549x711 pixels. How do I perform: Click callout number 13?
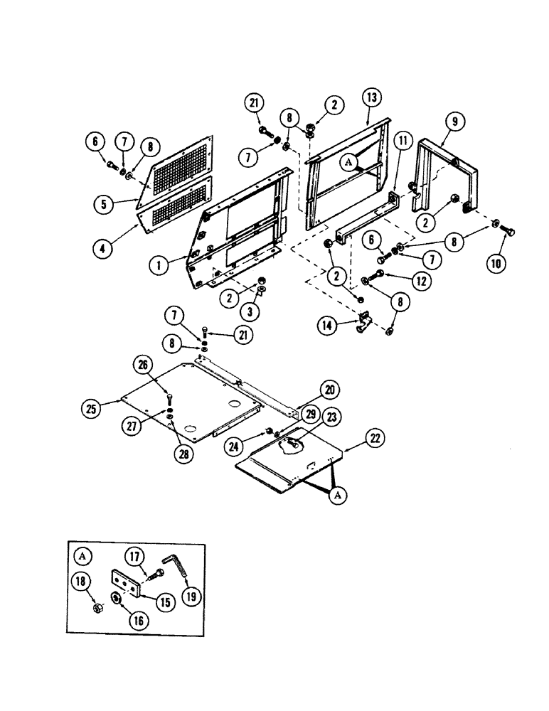[371, 97]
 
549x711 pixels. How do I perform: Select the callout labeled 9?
[454, 122]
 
